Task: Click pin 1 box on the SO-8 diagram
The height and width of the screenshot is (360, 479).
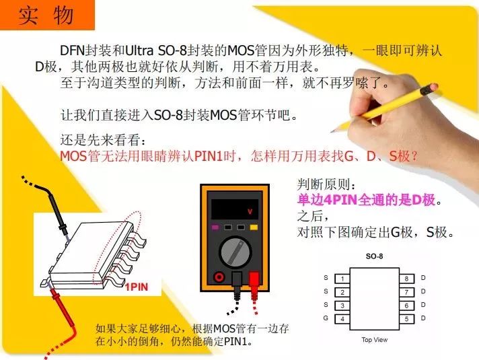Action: tap(342, 279)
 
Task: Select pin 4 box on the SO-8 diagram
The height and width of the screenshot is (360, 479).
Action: tap(342, 319)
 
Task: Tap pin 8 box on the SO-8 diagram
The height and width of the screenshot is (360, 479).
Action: tap(406, 279)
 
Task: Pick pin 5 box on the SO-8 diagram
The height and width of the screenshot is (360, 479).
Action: tap(406, 319)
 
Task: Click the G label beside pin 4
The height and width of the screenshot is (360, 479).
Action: tap(326, 318)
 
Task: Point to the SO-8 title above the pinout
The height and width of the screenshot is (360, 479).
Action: tap(374, 256)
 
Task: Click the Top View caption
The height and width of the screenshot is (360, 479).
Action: tap(375, 340)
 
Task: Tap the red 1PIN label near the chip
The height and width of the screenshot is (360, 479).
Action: tap(137, 287)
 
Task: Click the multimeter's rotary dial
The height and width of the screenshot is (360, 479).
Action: tap(235, 252)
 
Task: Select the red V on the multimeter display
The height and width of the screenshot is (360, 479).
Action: tap(250, 211)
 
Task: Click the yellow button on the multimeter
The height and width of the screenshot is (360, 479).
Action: tap(254, 227)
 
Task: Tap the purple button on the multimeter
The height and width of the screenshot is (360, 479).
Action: tap(215, 227)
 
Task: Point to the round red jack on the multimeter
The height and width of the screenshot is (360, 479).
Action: tap(219, 277)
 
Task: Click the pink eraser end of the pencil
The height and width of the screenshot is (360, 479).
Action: tap(433, 88)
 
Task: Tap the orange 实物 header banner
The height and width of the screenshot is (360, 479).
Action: tap(47, 15)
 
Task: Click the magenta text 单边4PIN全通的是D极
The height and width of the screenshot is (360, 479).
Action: tap(366, 200)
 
